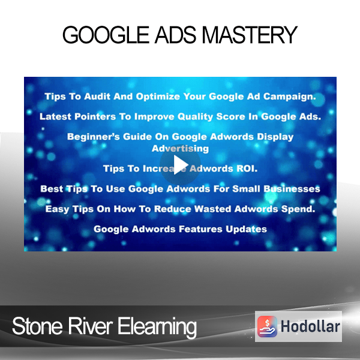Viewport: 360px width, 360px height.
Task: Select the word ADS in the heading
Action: [175, 35]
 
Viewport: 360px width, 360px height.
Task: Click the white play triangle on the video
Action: [181, 165]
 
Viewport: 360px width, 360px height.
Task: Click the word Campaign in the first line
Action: [289, 97]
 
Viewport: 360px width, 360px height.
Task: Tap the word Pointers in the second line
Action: [95, 116]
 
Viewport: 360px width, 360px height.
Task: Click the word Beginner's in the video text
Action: [94, 137]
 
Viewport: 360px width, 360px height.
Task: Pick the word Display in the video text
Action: [275, 137]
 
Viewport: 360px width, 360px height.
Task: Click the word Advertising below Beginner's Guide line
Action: [180, 149]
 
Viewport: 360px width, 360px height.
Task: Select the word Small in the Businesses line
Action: [246, 189]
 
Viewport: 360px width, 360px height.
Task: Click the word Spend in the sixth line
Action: [298, 209]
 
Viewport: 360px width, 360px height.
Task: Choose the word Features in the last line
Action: [200, 229]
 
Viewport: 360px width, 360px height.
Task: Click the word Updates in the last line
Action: [246, 229]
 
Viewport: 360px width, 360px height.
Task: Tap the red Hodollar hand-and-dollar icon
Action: [267, 326]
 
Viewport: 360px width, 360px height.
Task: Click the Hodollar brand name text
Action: [310, 326]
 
